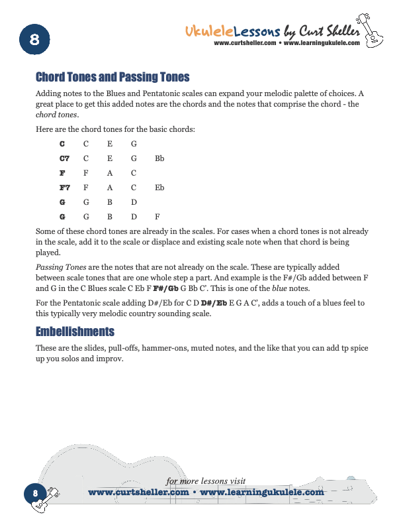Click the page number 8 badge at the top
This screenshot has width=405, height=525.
click(x=35, y=40)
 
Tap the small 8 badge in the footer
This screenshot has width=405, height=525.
click(x=35, y=494)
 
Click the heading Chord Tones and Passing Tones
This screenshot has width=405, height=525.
click(x=112, y=77)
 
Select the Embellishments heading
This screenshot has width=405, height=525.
click(x=75, y=331)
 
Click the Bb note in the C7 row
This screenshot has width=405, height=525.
click(x=159, y=159)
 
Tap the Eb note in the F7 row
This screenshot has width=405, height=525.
click(x=159, y=188)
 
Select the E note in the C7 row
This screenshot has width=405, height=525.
click(x=110, y=159)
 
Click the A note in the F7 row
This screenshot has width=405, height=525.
click(x=110, y=188)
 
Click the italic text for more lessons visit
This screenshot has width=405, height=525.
click(x=206, y=481)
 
